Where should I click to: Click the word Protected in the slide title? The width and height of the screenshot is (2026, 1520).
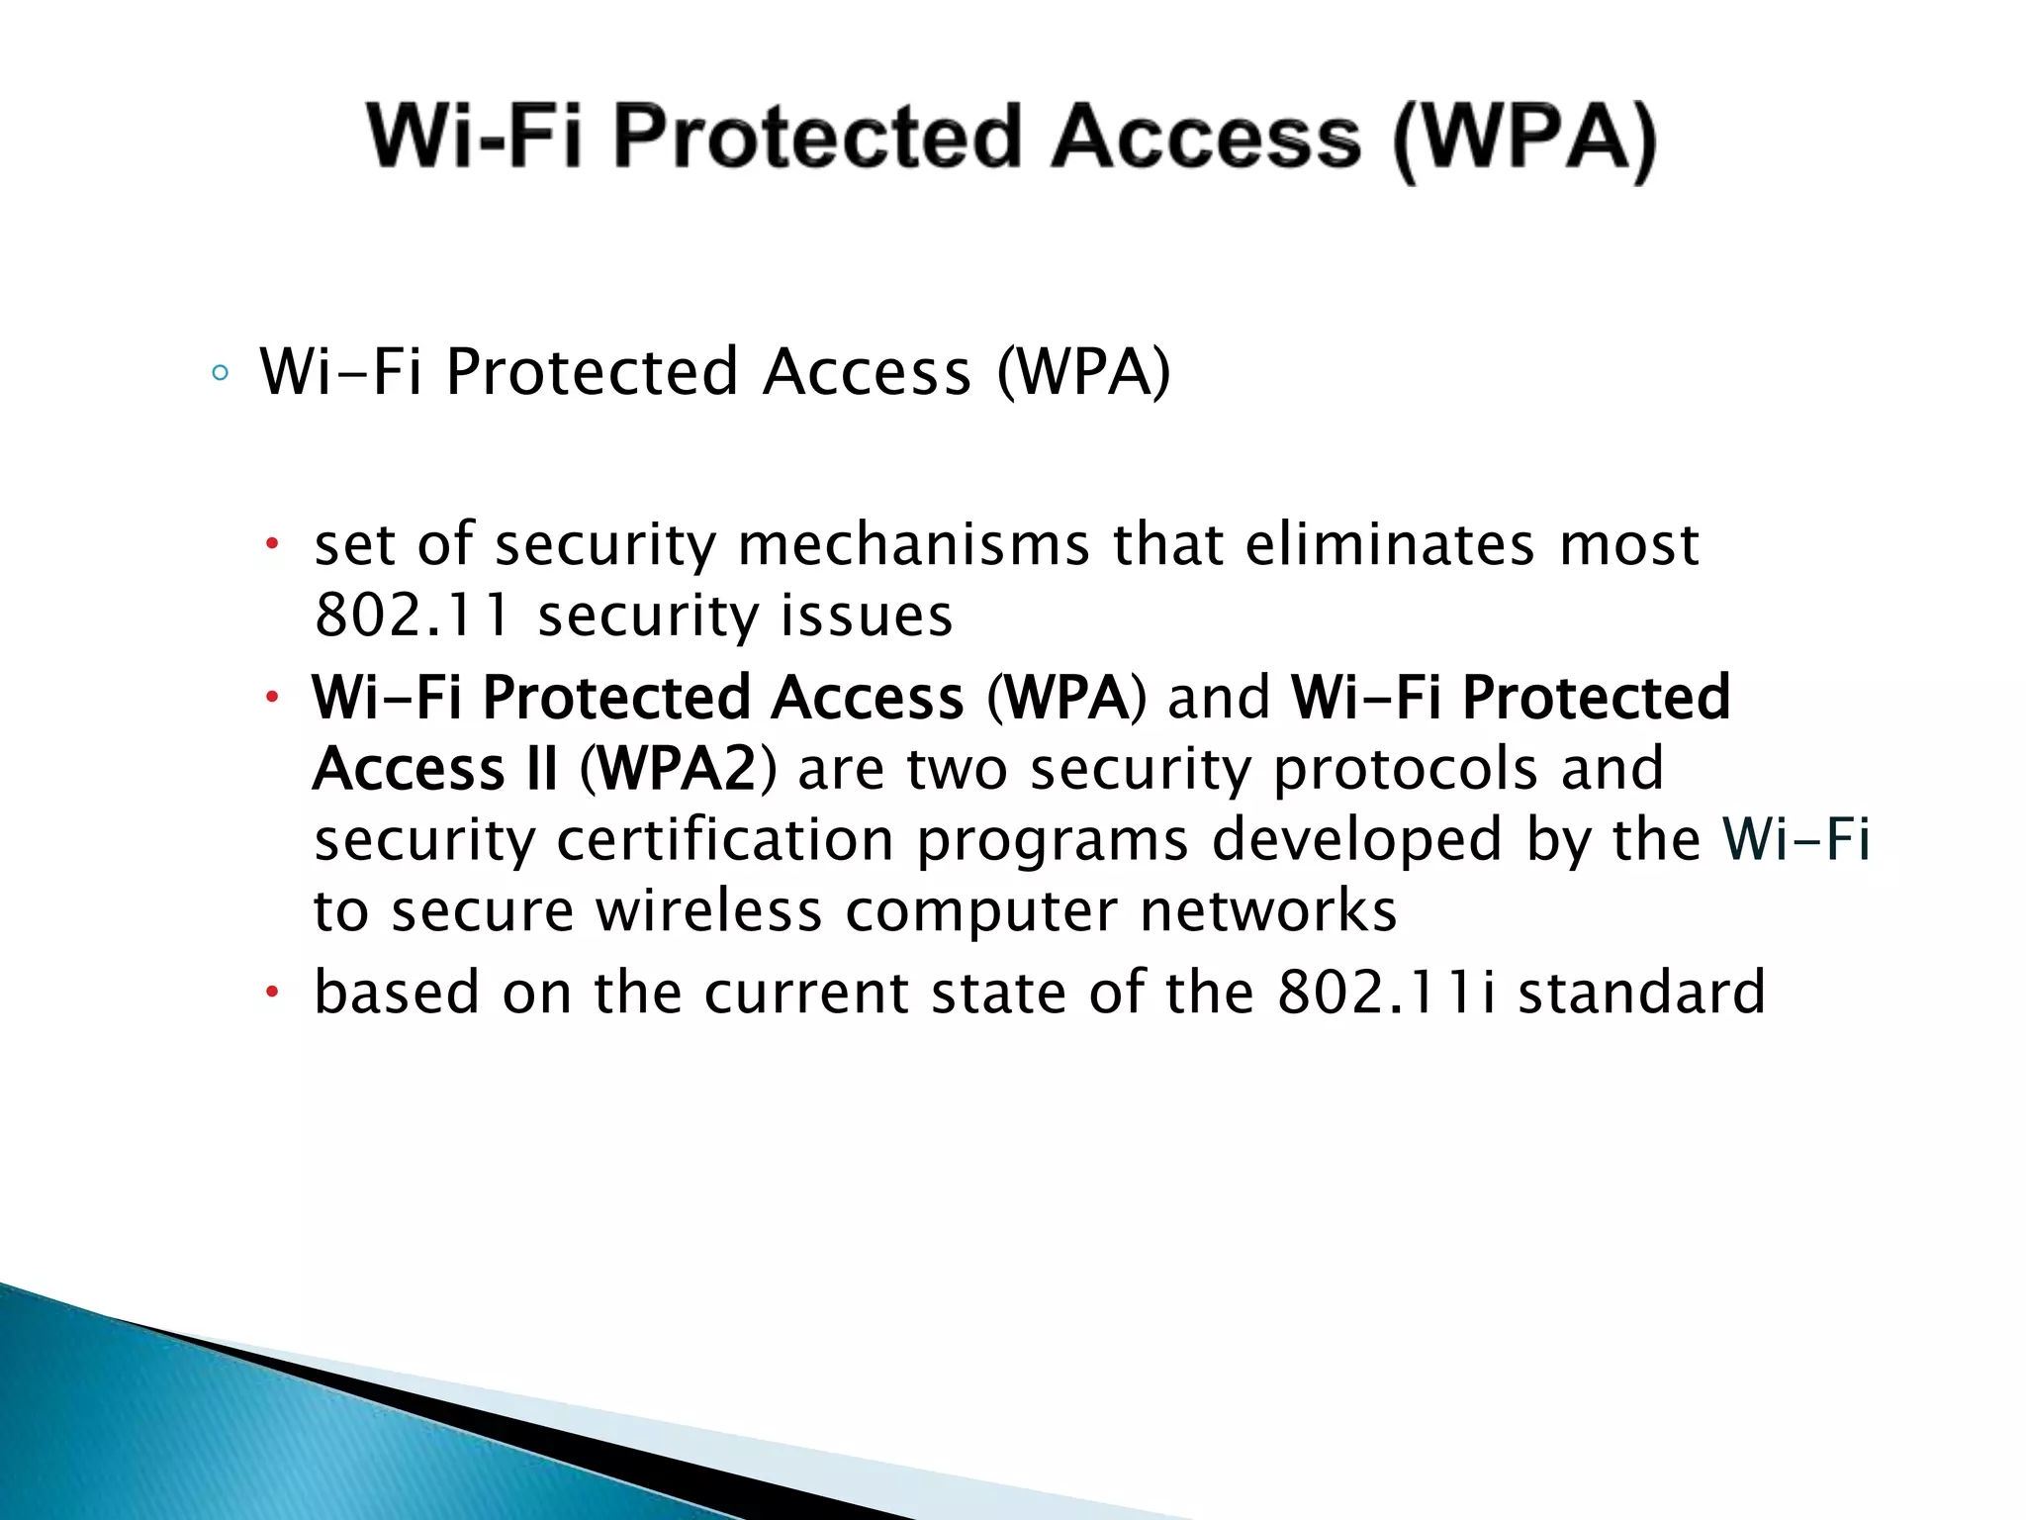pyautogui.click(x=817, y=138)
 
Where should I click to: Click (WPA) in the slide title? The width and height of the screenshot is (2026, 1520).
pyautogui.click(x=1523, y=140)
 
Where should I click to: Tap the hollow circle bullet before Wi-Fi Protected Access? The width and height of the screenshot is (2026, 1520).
pyautogui.click(x=220, y=374)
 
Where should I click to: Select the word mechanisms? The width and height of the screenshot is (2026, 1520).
pyautogui.click(x=913, y=545)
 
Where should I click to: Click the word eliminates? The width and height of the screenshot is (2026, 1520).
pyautogui.click(x=1389, y=545)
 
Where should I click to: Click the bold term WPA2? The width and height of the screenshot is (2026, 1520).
pyautogui.click(x=679, y=769)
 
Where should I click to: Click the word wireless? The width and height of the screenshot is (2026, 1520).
pyautogui.click(x=708, y=911)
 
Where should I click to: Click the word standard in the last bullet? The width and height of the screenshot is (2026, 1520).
pyautogui.click(x=1641, y=993)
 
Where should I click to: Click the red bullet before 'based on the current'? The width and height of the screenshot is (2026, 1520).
pyautogui.click(x=274, y=993)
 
